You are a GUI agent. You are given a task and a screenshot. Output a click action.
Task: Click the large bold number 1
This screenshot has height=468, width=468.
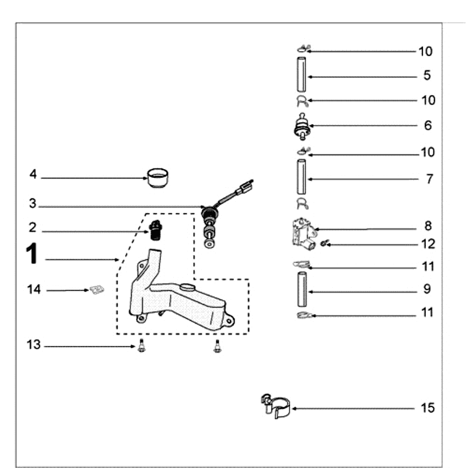[x=33, y=254]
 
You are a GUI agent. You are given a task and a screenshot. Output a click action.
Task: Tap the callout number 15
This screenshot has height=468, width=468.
[x=428, y=408]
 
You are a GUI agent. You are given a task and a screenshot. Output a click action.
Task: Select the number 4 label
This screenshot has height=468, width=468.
[x=33, y=174]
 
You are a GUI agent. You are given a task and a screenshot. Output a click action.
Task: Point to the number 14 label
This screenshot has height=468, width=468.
[x=35, y=289]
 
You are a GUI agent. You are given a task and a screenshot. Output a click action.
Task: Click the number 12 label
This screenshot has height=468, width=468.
[x=428, y=244]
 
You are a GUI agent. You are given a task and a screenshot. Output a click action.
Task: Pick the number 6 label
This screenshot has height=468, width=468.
[x=428, y=125]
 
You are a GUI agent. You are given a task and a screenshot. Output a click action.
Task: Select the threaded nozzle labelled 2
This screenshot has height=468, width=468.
[x=154, y=231]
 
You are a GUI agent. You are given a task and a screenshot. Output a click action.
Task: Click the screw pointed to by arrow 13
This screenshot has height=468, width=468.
[x=140, y=347]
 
